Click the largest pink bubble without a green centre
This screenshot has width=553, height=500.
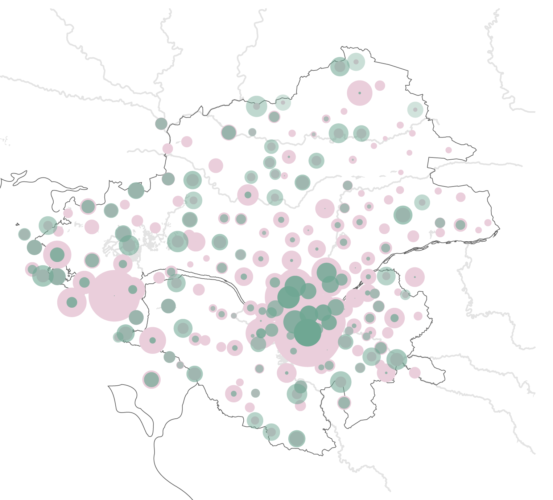click(x=114, y=296)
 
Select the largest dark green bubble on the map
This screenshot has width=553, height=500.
click(x=308, y=332)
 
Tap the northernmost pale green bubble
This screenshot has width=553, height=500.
click(x=356, y=62)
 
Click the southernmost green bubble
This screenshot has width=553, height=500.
click(x=297, y=439)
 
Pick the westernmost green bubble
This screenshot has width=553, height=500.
click(x=24, y=234)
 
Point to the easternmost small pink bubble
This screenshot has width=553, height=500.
click(x=488, y=222)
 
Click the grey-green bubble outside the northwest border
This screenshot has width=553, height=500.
click(x=161, y=124)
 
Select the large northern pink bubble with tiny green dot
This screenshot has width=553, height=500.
click(x=360, y=93)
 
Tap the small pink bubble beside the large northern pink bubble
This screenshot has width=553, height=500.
click(x=380, y=86)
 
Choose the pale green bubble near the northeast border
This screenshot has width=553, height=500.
click(x=415, y=110)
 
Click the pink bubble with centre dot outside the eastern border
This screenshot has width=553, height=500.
click(x=414, y=277)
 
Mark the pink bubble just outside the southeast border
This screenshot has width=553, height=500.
click(x=414, y=373)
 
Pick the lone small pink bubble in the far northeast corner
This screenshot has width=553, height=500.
click(x=449, y=150)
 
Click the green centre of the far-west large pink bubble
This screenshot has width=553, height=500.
click(x=57, y=255)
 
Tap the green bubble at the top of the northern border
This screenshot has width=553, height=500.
click(x=340, y=66)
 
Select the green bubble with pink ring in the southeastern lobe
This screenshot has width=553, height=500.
click(x=344, y=402)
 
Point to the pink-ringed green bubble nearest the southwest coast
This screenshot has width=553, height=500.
click(x=151, y=380)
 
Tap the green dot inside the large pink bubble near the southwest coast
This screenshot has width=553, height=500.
click(x=153, y=340)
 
